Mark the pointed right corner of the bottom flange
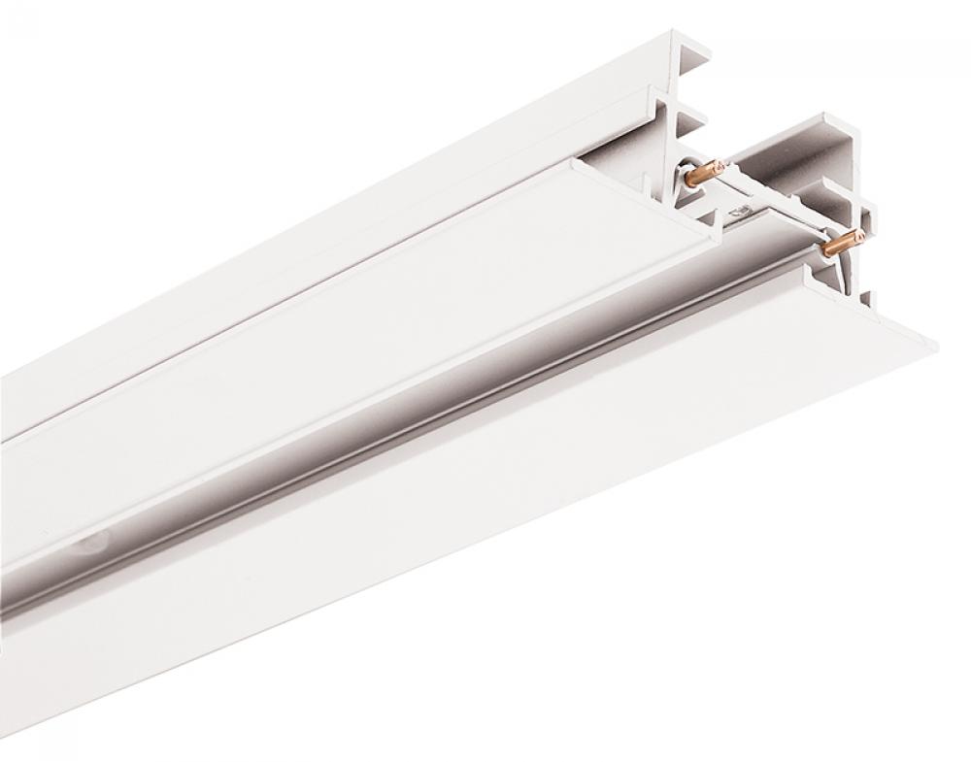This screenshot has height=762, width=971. click(937, 339)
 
